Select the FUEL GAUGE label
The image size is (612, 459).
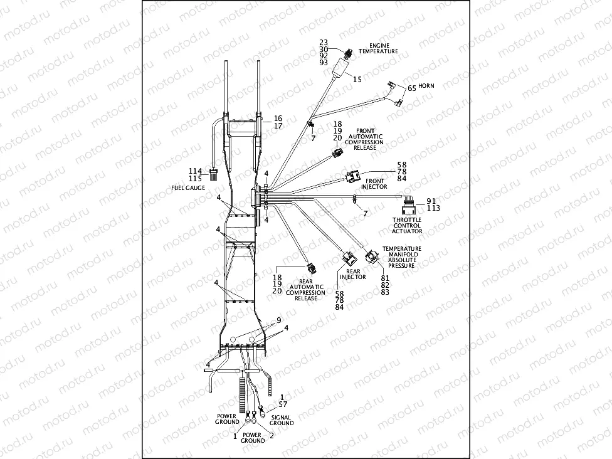[x=187, y=187]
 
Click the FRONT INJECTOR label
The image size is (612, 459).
[x=374, y=184]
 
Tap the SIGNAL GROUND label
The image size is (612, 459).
[x=282, y=420]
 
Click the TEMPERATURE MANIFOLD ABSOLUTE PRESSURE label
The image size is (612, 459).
[x=402, y=257]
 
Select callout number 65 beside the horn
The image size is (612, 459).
[x=412, y=88]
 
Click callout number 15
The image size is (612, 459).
[x=357, y=80]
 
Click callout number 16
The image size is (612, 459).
[x=278, y=118]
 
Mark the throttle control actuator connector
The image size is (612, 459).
[x=408, y=207]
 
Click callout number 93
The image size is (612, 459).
[x=324, y=63]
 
